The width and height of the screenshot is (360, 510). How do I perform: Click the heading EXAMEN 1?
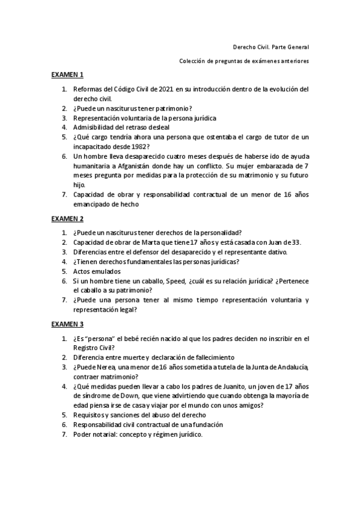[x=67, y=75]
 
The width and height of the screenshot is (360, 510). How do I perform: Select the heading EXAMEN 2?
[x=67, y=218]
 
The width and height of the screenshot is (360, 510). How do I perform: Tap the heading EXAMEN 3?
[x=67, y=324]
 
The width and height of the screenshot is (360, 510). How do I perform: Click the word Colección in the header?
[x=193, y=61]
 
